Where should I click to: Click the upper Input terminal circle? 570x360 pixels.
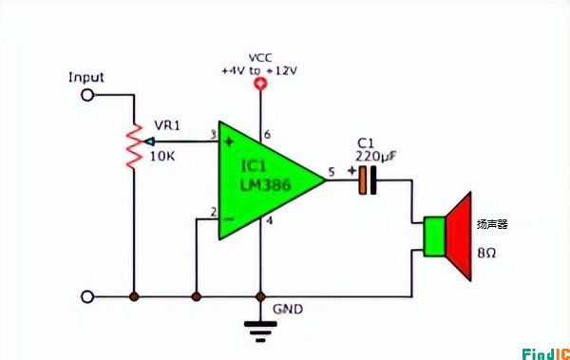88,95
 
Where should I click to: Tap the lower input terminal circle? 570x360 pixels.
88,296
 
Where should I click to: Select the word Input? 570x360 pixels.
86,77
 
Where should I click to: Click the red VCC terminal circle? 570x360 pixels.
259,85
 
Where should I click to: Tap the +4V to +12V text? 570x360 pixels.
259,70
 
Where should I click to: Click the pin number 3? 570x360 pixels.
213,135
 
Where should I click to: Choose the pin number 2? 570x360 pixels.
213,211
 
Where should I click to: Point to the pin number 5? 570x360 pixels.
331,171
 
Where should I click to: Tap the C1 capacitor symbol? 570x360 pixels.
368,180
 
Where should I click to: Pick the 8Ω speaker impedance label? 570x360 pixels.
487,254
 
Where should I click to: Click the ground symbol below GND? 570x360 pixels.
259,328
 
